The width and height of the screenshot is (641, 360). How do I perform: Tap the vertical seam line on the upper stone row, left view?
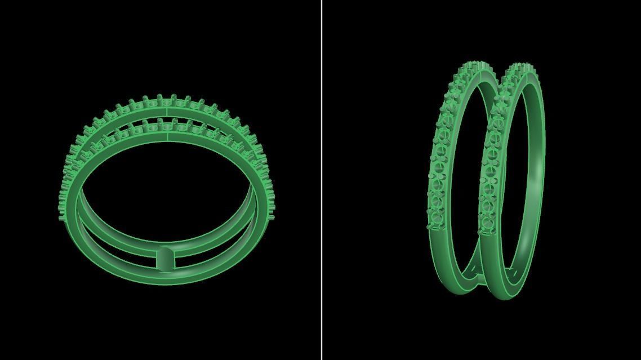167,113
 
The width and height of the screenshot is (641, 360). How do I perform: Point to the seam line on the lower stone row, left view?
167,136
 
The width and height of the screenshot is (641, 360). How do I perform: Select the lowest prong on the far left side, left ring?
61,217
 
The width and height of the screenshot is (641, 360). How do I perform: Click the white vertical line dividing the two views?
322,180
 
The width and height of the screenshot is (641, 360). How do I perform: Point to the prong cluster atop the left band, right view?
476,66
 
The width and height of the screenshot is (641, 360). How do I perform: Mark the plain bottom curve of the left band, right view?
451,282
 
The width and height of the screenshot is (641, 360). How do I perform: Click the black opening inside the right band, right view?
515,186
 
